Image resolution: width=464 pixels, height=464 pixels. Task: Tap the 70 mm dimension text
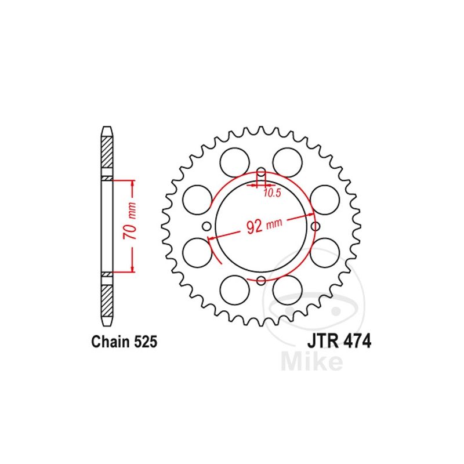130,221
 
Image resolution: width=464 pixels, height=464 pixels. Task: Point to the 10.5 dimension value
272,193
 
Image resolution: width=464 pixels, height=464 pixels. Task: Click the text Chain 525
124,342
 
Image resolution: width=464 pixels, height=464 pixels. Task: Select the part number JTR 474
339,342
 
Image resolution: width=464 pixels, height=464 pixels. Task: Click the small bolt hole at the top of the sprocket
261,172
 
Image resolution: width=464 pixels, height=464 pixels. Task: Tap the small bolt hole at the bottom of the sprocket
261,280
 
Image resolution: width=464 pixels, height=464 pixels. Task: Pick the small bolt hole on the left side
207,226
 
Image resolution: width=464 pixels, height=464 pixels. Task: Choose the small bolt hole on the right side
316,226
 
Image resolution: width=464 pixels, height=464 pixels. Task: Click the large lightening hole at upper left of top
235,162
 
